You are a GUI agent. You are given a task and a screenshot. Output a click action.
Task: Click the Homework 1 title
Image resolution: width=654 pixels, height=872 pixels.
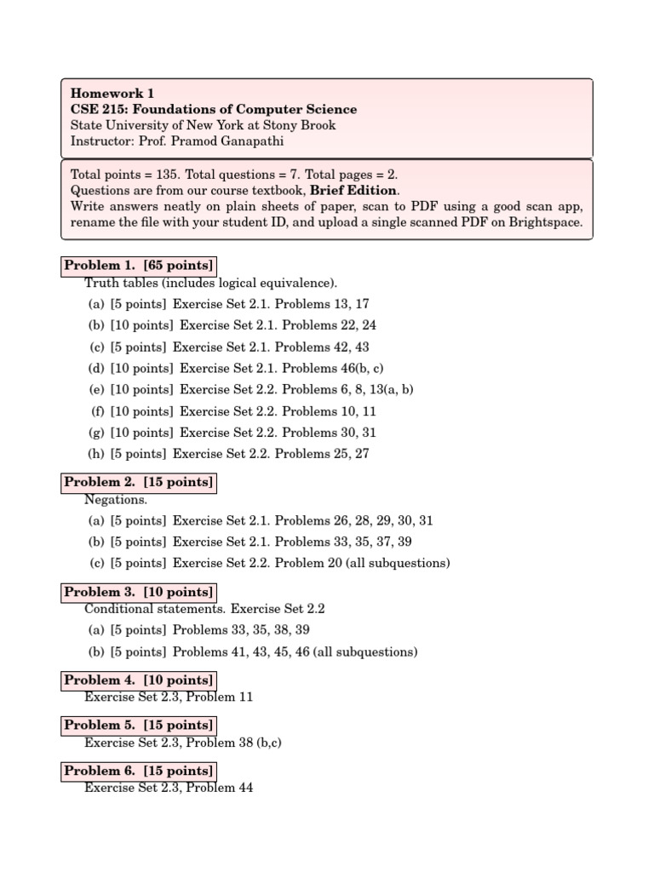[112, 94]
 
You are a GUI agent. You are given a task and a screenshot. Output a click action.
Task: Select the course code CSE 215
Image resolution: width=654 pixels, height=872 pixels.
[98, 110]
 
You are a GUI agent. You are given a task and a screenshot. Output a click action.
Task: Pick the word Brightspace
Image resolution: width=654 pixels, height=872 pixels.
[546, 222]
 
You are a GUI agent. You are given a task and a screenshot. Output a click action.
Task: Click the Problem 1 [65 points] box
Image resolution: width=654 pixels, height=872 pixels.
[139, 266]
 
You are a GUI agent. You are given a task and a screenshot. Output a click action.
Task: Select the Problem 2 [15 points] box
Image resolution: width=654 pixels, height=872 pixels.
[139, 483]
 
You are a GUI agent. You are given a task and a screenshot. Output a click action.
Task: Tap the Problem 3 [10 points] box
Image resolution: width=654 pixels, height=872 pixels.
[139, 592]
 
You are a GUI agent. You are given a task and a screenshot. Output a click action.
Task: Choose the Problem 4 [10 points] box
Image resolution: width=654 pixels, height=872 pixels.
[139, 680]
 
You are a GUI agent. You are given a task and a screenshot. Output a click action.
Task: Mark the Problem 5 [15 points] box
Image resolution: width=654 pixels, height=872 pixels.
[139, 726]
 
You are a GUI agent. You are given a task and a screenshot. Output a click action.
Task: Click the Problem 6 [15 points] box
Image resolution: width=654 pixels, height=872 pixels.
[139, 772]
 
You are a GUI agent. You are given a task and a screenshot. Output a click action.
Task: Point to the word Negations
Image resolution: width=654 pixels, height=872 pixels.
[116, 500]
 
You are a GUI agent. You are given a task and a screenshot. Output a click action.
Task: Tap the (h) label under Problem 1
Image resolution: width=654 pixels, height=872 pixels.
[97, 454]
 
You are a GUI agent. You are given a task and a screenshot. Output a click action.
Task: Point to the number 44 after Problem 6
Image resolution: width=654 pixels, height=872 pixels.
[244, 788]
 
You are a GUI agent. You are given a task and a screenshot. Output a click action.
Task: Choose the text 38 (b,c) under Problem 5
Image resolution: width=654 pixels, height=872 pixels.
[259, 743]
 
